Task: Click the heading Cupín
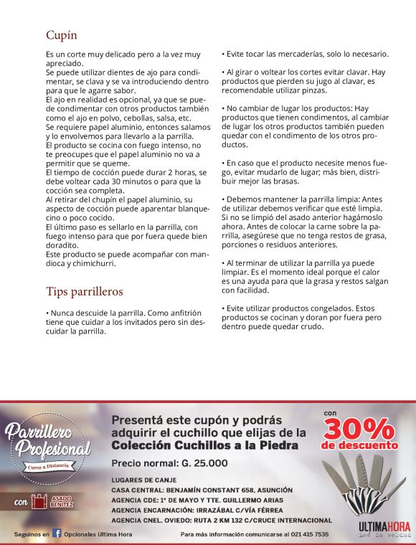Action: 62,34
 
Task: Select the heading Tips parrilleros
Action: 85,291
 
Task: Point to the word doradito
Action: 63,245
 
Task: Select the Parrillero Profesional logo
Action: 49,442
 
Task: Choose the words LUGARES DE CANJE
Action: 138,479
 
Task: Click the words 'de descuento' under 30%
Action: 359,445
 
